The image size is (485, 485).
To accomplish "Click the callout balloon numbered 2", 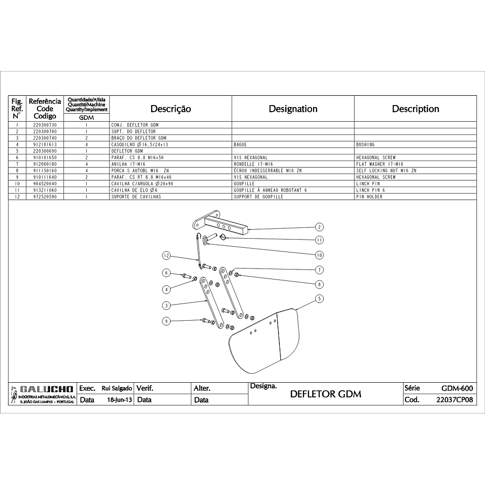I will point(320,226).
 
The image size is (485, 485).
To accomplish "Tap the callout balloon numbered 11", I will point(320,240).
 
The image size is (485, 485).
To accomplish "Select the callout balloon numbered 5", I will point(320,298).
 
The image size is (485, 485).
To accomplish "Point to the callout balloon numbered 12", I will point(166,256).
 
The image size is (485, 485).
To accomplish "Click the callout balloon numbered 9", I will point(166,321).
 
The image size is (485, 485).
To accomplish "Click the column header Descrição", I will point(171,109).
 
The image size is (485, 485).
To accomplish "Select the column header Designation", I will point(293,109).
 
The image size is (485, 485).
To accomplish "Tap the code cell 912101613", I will point(45,144).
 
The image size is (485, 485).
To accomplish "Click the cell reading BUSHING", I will point(365,144).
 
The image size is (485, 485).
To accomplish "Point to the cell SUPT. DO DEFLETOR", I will point(133,131).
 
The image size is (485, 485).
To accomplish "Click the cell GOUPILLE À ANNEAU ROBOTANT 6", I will point(270,190).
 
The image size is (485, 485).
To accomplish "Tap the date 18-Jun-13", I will point(120,400).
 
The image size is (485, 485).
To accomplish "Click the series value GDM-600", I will point(457,388).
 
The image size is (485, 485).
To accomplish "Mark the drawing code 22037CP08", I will point(454,400).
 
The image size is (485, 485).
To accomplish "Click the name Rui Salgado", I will point(117,388).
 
